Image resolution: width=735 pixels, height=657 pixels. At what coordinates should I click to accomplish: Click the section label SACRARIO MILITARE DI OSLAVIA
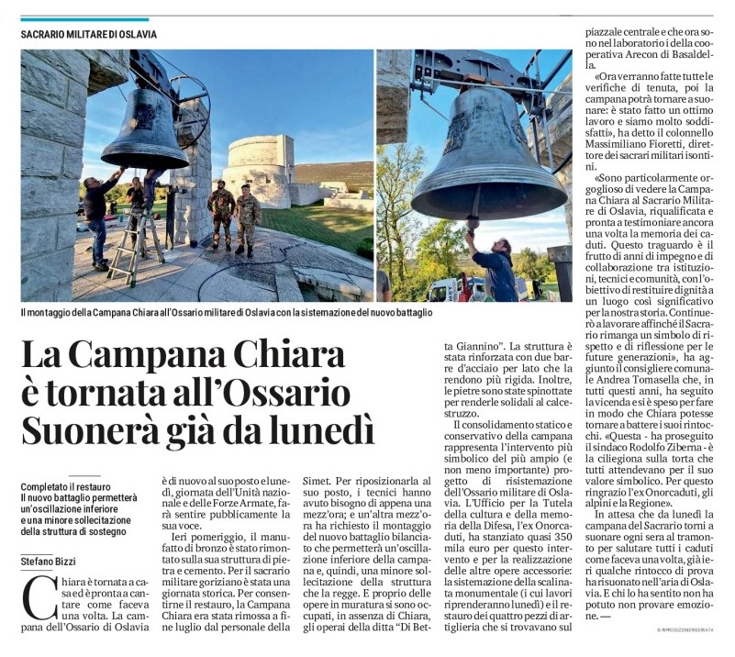point(89,34)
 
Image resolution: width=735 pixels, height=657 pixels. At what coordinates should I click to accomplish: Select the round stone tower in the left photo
point(261,169)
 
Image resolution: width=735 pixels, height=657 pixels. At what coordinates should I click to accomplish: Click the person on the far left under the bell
point(96,220)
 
